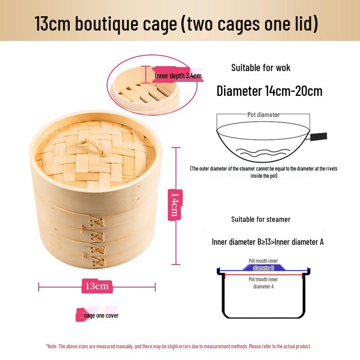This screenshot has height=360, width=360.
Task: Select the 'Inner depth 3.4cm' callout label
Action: click(x=177, y=76)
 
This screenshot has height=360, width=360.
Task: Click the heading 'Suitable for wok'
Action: click(x=261, y=68)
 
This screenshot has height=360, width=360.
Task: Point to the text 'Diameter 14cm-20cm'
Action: click(x=269, y=91)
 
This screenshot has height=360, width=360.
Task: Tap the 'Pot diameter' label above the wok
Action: click(x=263, y=115)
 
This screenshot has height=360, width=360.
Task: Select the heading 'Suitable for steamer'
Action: click(x=261, y=219)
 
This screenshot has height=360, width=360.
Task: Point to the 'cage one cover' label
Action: click(x=100, y=315)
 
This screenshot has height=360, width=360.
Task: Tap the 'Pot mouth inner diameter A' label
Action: click(x=263, y=283)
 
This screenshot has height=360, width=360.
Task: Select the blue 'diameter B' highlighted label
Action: click(x=263, y=268)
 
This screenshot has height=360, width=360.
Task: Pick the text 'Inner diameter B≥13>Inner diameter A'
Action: click(x=267, y=242)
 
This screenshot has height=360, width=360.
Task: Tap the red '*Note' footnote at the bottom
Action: click(x=178, y=346)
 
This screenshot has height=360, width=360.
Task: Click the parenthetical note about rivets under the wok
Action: click(x=263, y=172)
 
